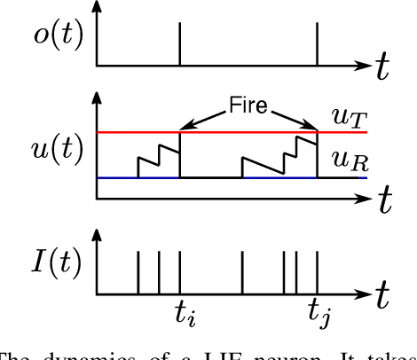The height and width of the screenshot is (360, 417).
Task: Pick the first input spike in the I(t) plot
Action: tap(138, 271)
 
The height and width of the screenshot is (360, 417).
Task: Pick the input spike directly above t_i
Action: tap(180, 271)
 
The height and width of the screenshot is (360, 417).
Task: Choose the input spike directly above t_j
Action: tap(318, 271)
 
